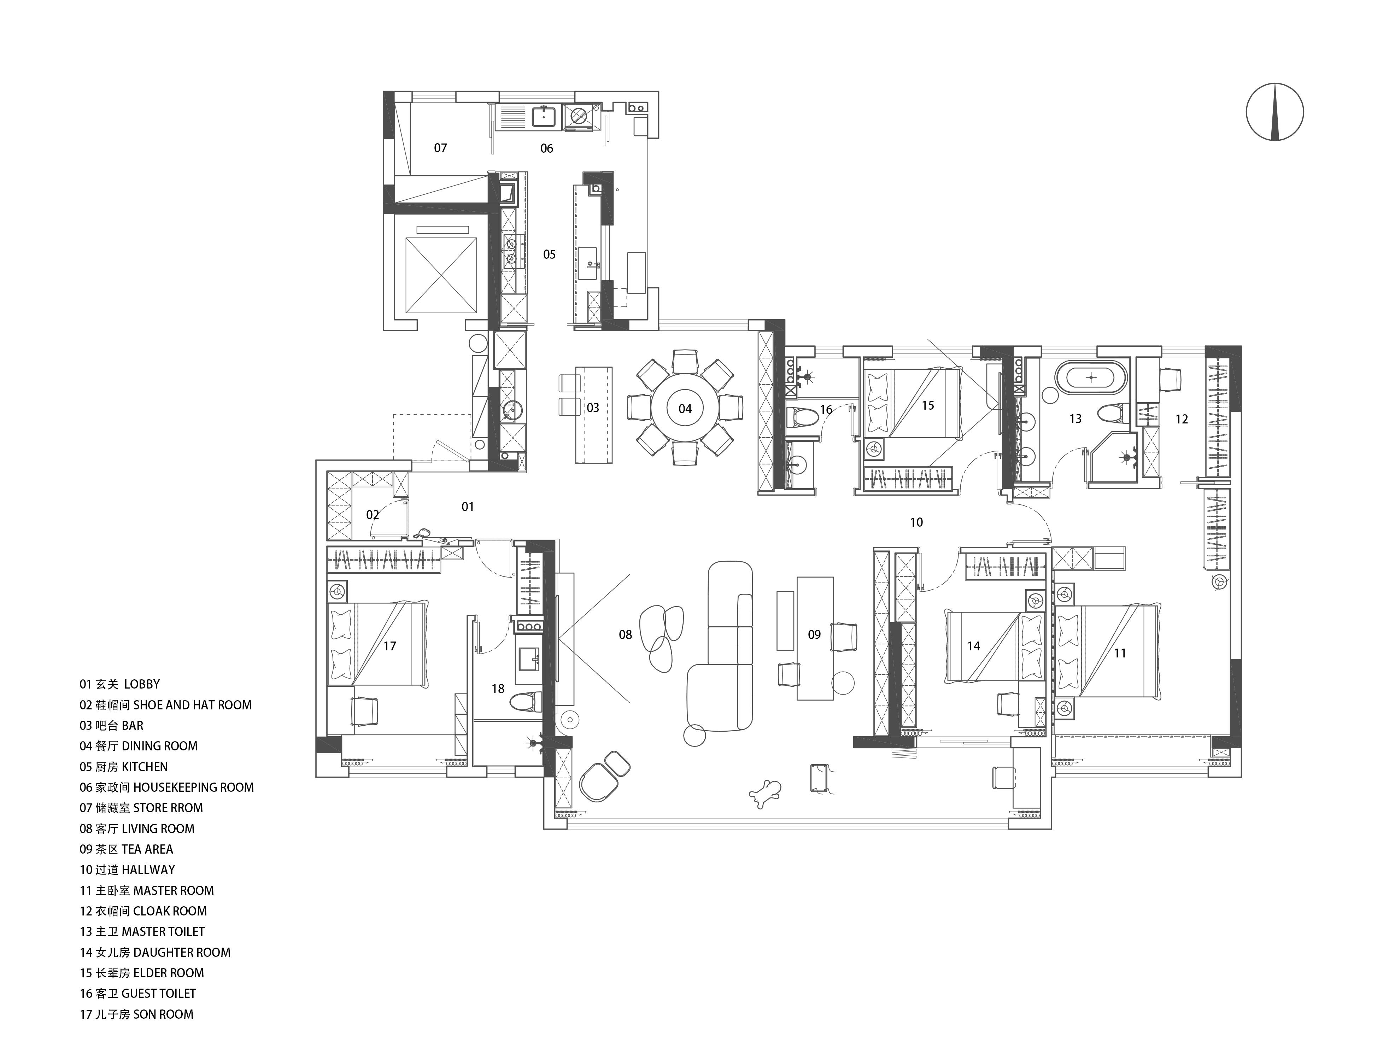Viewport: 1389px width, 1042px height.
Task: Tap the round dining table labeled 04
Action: [685, 409]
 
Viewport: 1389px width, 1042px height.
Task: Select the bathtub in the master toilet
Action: [1092, 377]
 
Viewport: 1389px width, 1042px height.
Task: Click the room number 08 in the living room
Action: [626, 634]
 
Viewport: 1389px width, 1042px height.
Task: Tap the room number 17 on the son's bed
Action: [389, 646]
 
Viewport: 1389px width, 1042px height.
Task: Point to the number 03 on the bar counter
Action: [593, 408]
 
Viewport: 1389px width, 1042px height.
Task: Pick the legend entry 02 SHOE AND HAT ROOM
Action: [166, 705]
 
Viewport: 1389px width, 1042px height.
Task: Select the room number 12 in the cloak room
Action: [1182, 419]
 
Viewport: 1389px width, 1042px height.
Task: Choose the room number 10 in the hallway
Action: [916, 522]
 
